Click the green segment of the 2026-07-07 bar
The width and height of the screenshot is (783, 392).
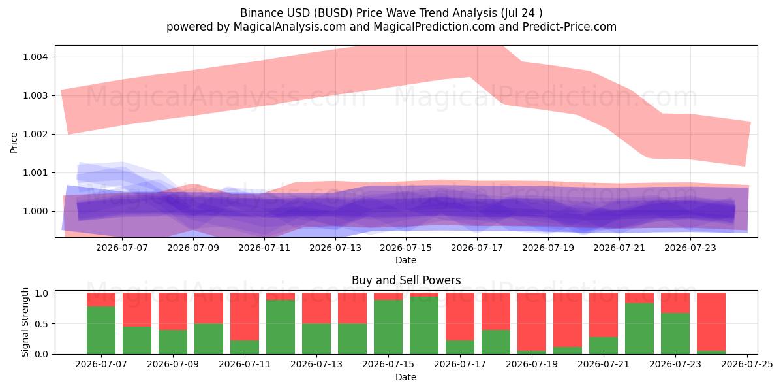point(101,330)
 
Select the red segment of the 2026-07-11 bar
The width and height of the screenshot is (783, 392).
point(245,316)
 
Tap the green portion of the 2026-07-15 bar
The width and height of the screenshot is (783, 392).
point(388,327)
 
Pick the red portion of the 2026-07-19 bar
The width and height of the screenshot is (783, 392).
point(532,321)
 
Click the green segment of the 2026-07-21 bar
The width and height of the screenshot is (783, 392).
point(604,346)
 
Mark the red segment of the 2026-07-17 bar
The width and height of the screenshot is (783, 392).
point(460,316)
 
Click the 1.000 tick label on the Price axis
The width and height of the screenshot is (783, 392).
point(35,211)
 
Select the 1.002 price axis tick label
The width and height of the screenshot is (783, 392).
point(35,134)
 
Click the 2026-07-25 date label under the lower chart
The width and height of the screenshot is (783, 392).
point(747,364)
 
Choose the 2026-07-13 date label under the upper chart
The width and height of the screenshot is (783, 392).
point(335,248)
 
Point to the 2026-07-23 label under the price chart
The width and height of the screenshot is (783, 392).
point(690,248)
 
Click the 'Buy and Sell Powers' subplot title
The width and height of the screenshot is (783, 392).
point(406,280)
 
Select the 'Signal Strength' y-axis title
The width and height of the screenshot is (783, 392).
point(25,322)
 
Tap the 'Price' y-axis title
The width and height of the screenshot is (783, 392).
point(14,142)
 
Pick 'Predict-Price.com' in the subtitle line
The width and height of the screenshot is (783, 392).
point(570,27)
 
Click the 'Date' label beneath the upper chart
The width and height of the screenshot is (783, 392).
point(406,260)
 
